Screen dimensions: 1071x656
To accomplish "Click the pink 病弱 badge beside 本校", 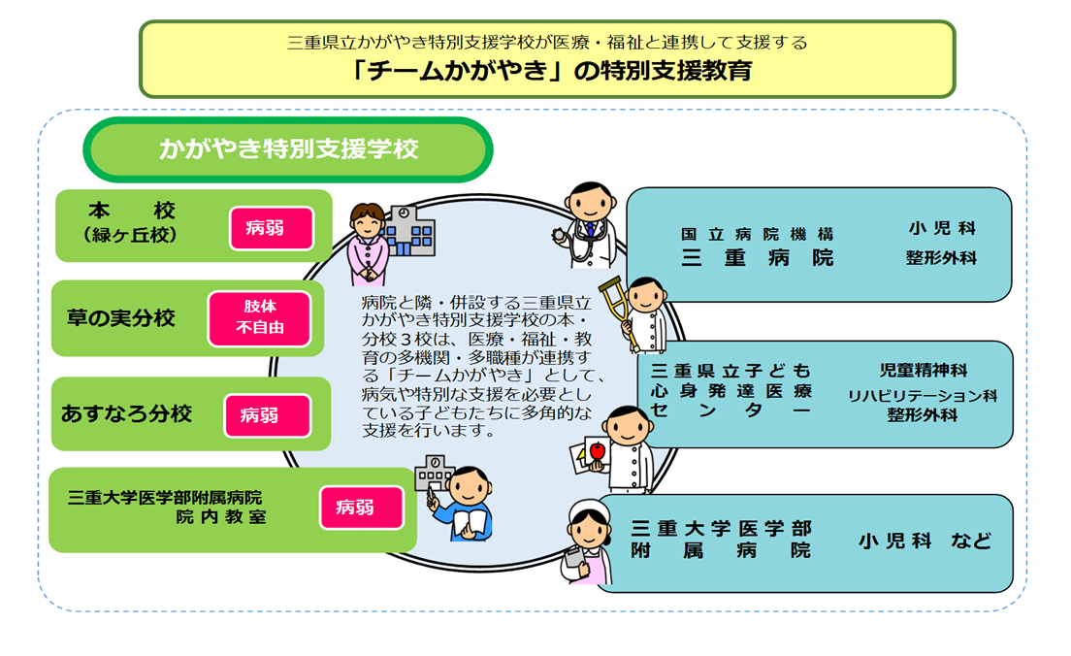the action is click(272, 228).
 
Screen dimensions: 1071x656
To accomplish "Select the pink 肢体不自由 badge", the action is click(260, 318).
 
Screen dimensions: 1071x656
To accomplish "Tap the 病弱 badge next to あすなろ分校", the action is click(267, 415).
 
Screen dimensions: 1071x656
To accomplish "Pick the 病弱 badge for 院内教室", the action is click(361, 507).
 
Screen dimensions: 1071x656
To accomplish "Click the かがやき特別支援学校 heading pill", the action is click(288, 149).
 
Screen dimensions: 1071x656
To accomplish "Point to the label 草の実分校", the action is click(121, 318).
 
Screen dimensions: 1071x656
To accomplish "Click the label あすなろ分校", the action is click(126, 414).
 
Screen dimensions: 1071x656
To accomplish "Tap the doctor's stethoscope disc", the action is click(559, 235).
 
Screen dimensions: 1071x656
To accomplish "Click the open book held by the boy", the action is click(470, 525).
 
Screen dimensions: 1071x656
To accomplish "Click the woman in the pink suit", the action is click(367, 244).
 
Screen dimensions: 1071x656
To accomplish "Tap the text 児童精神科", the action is click(923, 371).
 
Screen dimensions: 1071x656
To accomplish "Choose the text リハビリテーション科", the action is click(923, 396).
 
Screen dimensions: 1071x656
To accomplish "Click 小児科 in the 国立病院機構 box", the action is click(942, 228).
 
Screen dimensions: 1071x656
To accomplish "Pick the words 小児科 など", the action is click(925, 541).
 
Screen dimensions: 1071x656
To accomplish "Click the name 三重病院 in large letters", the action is click(758, 257).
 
